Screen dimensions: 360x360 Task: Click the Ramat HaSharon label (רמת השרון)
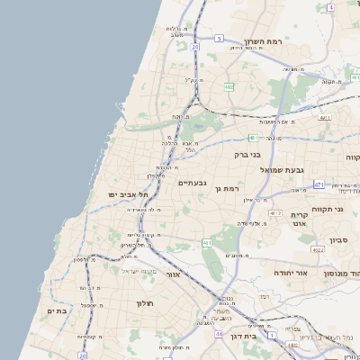coord(264,41)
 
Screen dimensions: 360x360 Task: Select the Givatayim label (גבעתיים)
coord(193,184)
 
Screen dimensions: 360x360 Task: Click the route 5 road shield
coord(219,39)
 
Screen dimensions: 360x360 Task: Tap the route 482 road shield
coord(229,87)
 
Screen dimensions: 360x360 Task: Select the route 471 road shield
coord(319,184)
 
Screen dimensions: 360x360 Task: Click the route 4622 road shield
coord(318,249)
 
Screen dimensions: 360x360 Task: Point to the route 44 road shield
coord(220,334)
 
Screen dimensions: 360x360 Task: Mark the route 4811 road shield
coord(325,117)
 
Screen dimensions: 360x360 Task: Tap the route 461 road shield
coord(207,242)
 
